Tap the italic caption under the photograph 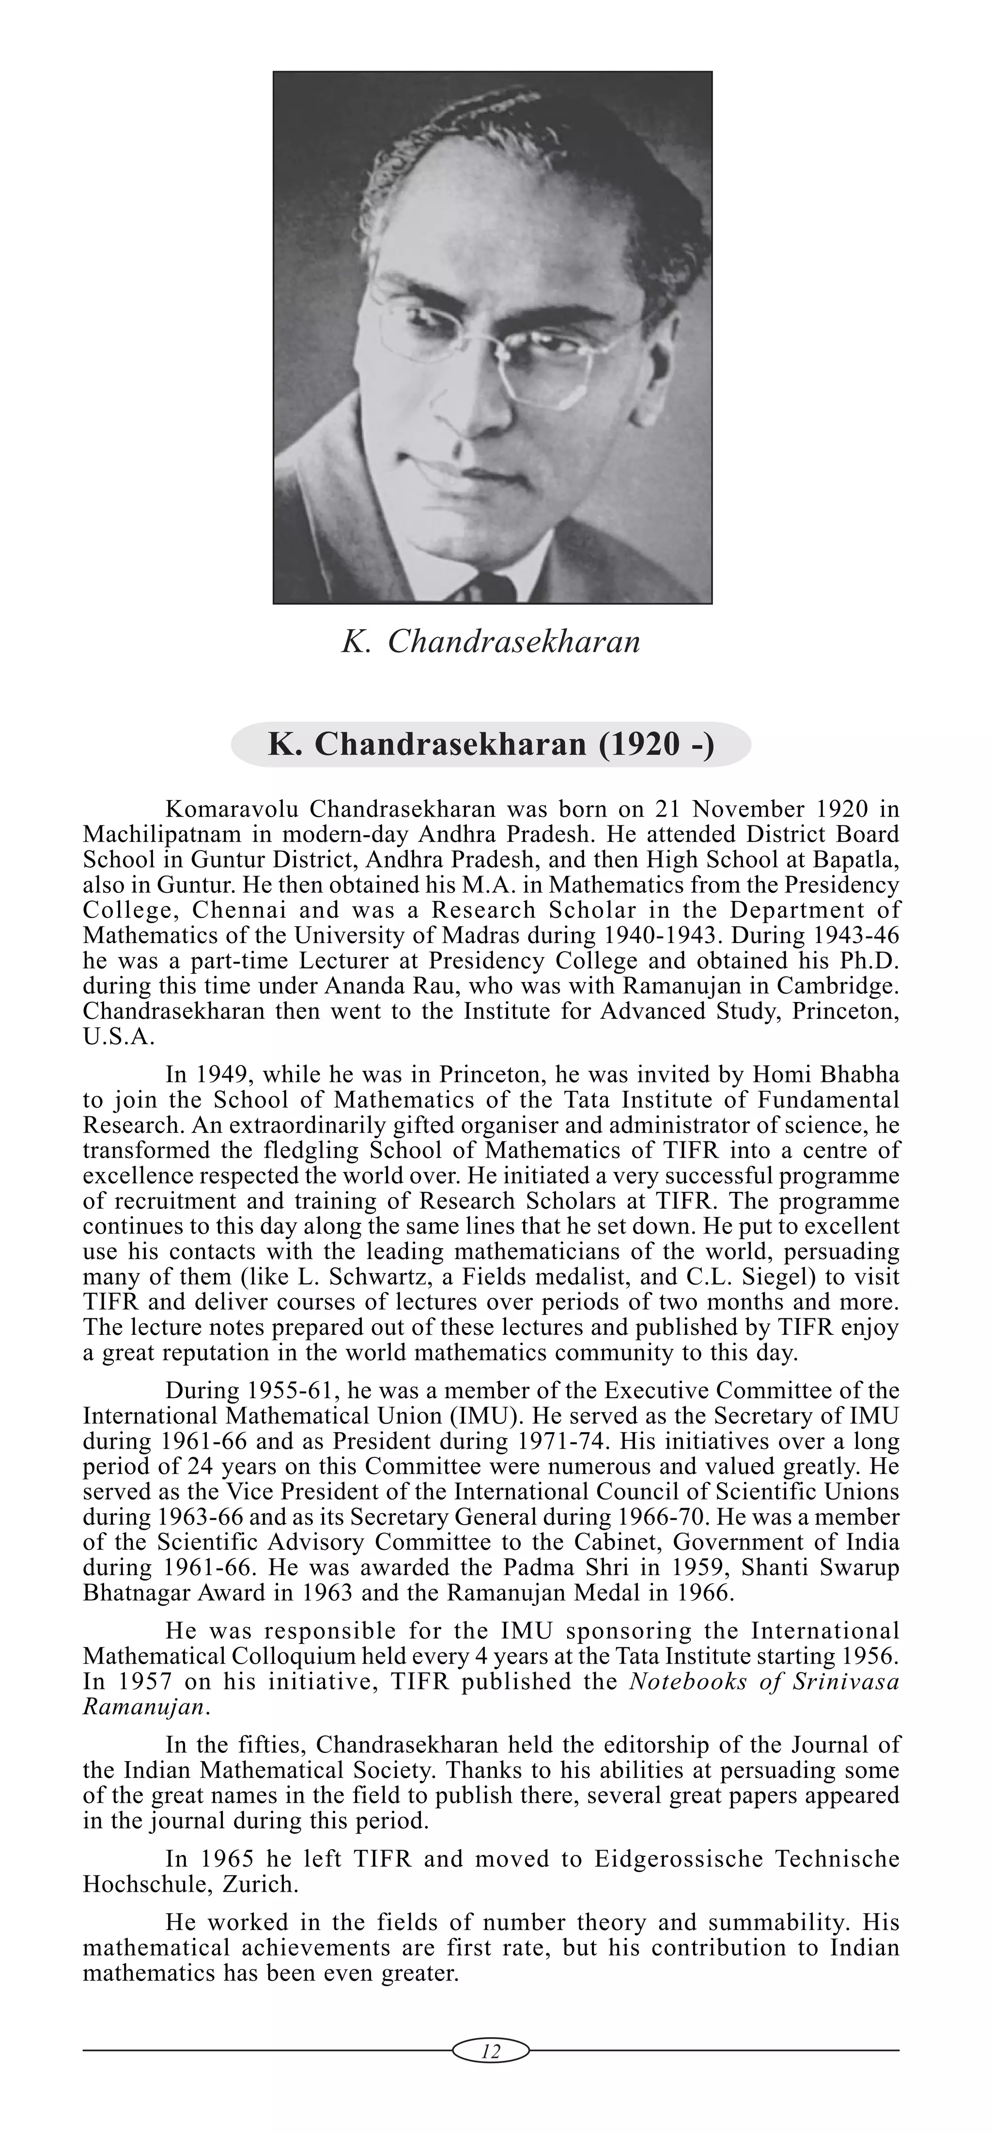(491, 642)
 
